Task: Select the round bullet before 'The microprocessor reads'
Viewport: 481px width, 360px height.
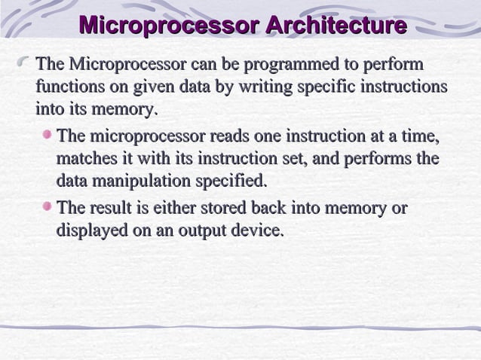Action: click(x=49, y=136)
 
